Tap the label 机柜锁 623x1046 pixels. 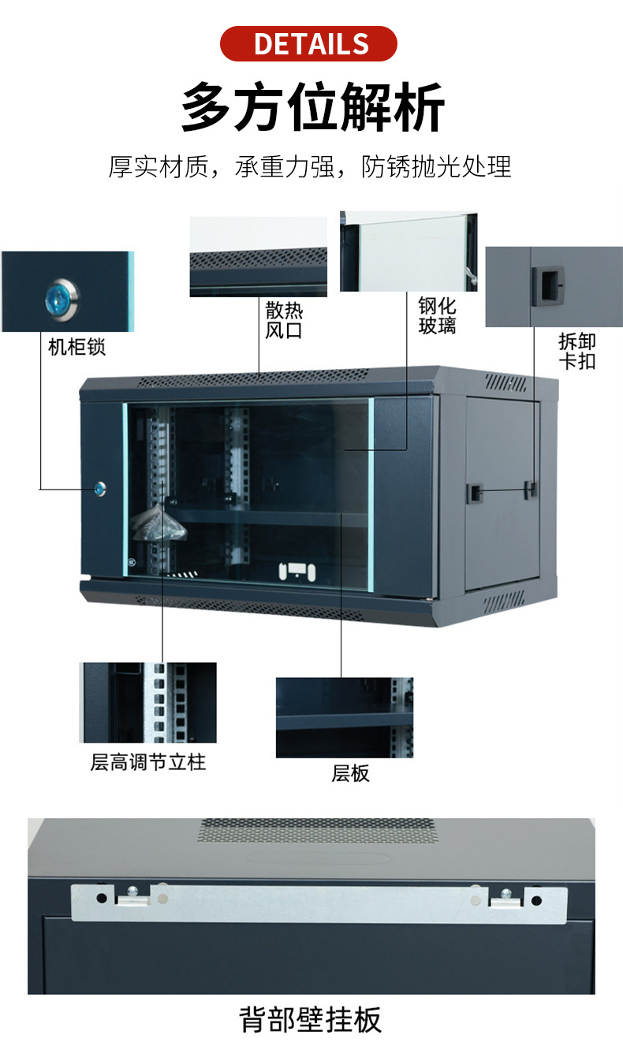(x=76, y=347)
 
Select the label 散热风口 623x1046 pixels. (x=284, y=319)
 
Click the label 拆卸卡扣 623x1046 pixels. (x=576, y=351)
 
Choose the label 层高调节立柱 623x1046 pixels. (x=147, y=762)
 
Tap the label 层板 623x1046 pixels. (x=349, y=773)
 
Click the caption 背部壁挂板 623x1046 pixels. (x=311, y=1018)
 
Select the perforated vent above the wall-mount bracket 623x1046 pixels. (x=316, y=830)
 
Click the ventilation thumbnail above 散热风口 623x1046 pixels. (x=258, y=257)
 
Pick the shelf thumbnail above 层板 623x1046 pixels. (x=344, y=717)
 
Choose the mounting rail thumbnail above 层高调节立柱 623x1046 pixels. (x=147, y=702)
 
